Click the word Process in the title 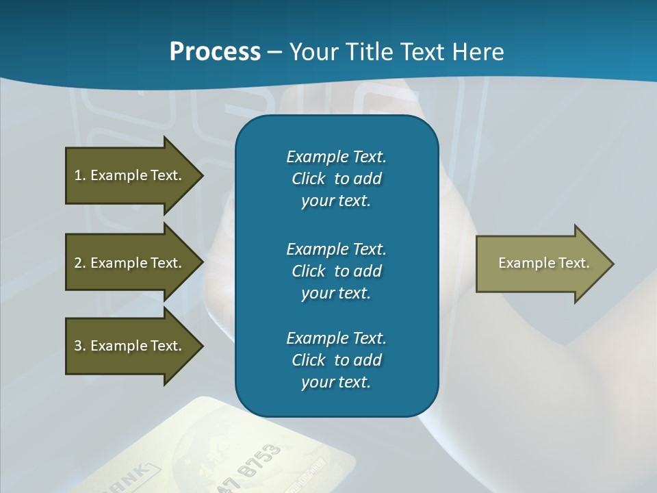coord(215,52)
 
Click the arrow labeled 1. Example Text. coord(130,175)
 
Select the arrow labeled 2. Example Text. coord(130,263)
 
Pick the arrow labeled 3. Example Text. coord(130,346)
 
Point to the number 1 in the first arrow coord(78,175)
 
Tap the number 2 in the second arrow coord(78,263)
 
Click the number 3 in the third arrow coord(78,346)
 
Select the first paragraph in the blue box coord(336,179)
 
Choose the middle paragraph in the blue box coord(336,270)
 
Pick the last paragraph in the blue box coord(336,360)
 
